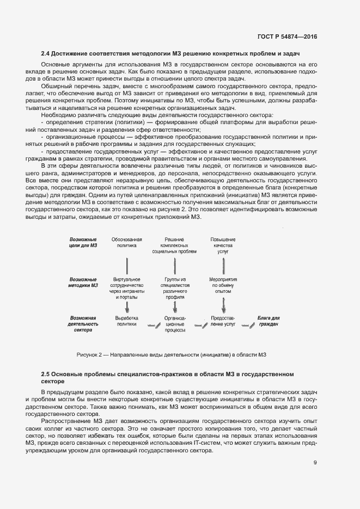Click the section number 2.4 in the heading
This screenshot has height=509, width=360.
[46, 53]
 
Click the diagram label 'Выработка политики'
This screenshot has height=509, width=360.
[126, 321]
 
